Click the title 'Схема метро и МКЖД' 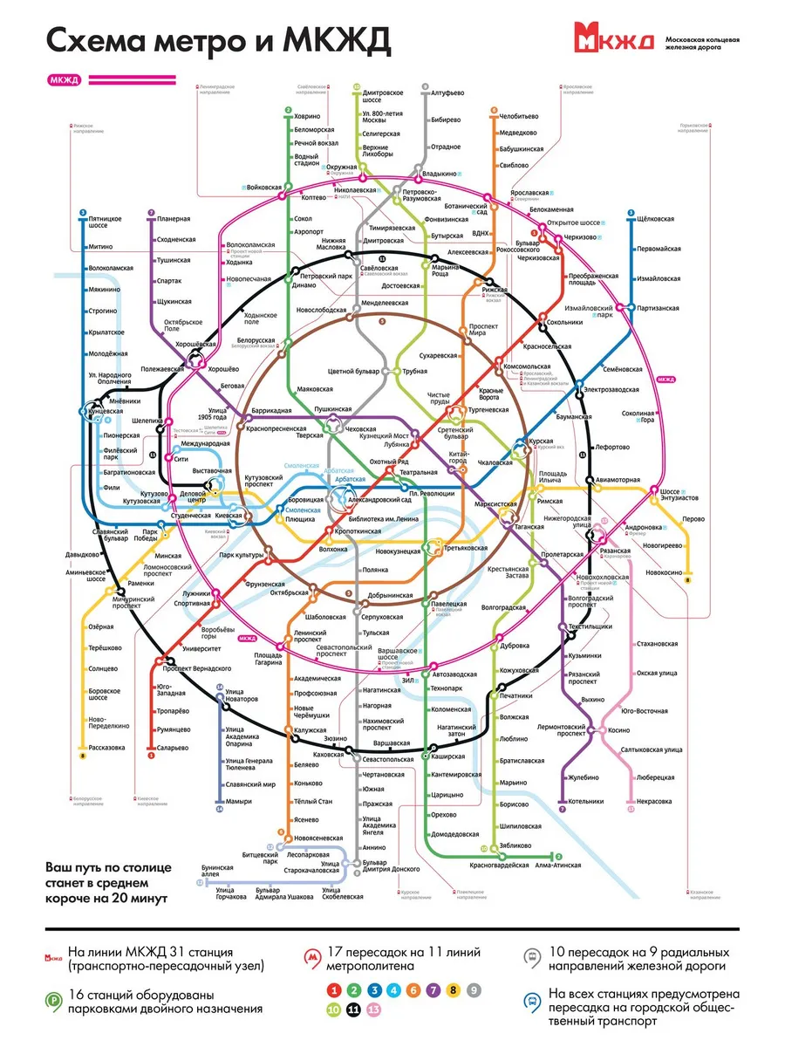click(x=218, y=40)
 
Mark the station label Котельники click(x=585, y=801)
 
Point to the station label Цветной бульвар click(x=353, y=371)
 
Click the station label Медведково click(x=518, y=133)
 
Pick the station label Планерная click(x=174, y=217)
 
